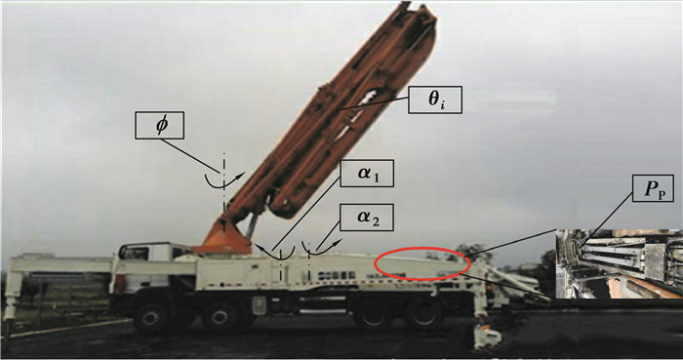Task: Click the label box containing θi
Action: pyautogui.click(x=435, y=100)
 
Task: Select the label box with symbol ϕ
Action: pyautogui.click(x=159, y=126)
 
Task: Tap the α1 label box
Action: pyautogui.click(x=367, y=174)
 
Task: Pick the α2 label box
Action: pyautogui.click(x=367, y=218)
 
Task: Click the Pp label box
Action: pyautogui.click(x=653, y=188)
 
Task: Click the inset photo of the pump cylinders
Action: pyautogui.click(x=619, y=263)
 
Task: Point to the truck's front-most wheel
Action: pyautogui.click(x=150, y=316)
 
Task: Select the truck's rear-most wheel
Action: pyautogui.click(x=422, y=315)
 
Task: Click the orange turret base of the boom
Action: pyautogui.click(x=222, y=238)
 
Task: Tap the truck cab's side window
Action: pyautogui.click(x=135, y=253)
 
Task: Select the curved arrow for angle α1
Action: pyautogui.click(x=273, y=255)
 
